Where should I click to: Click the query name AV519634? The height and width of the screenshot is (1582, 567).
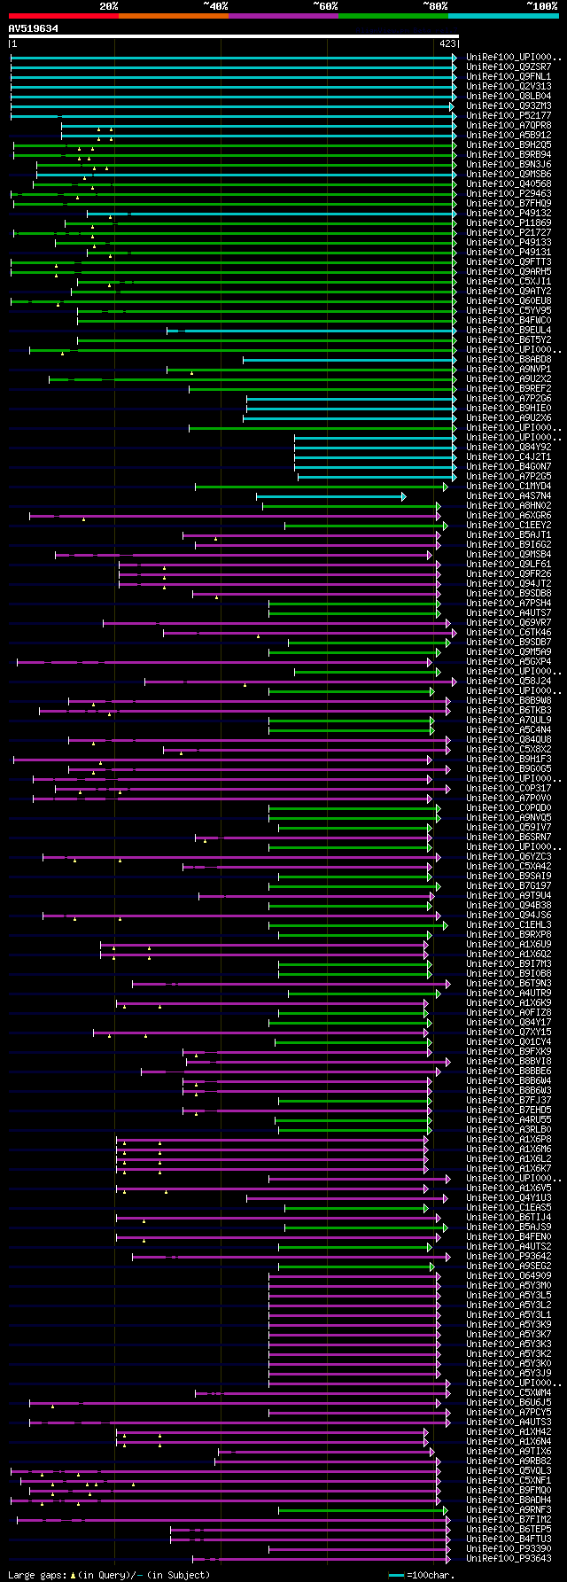pos(34,28)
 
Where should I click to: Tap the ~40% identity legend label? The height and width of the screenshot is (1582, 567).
pos(215,6)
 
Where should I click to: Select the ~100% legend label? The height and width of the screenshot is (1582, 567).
pos(542,6)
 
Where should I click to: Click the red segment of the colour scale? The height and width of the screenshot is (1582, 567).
pos(63,15)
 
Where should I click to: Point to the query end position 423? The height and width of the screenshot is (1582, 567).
pos(447,43)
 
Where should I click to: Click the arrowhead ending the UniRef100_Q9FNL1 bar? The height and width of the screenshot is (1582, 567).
pos(454,77)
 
